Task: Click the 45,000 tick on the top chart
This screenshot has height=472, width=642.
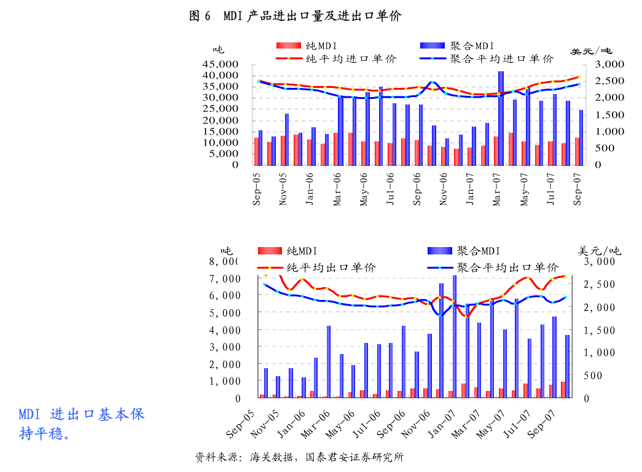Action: coord(220,65)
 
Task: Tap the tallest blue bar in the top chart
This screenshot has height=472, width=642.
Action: coord(501,118)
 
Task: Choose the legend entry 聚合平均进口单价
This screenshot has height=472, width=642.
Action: coord(501,59)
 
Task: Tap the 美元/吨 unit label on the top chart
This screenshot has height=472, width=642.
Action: coord(591,51)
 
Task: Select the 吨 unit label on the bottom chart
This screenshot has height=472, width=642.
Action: coord(227,251)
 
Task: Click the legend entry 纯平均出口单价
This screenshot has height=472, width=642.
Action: coord(331,268)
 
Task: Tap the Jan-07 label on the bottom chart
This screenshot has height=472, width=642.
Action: coord(440,424)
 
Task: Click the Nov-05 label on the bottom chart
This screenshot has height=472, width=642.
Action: coord(265,424)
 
